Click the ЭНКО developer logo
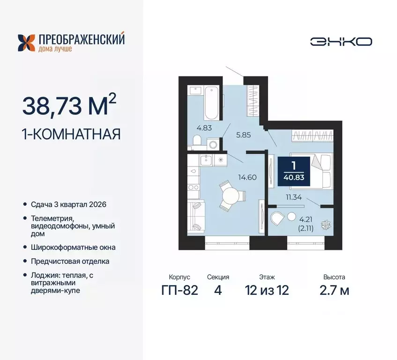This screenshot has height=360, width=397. point(341,41)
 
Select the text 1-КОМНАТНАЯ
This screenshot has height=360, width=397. point(71,135)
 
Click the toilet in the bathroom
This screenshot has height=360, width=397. point(197,141)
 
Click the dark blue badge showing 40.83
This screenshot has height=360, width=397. point(293,169)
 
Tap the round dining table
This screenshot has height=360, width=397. point(231,194)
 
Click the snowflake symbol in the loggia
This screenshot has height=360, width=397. point(322,225)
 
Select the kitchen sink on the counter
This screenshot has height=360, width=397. point(206,160)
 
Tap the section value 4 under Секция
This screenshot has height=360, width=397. point(217,290)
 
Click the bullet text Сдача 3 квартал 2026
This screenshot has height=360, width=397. point(67,205)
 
